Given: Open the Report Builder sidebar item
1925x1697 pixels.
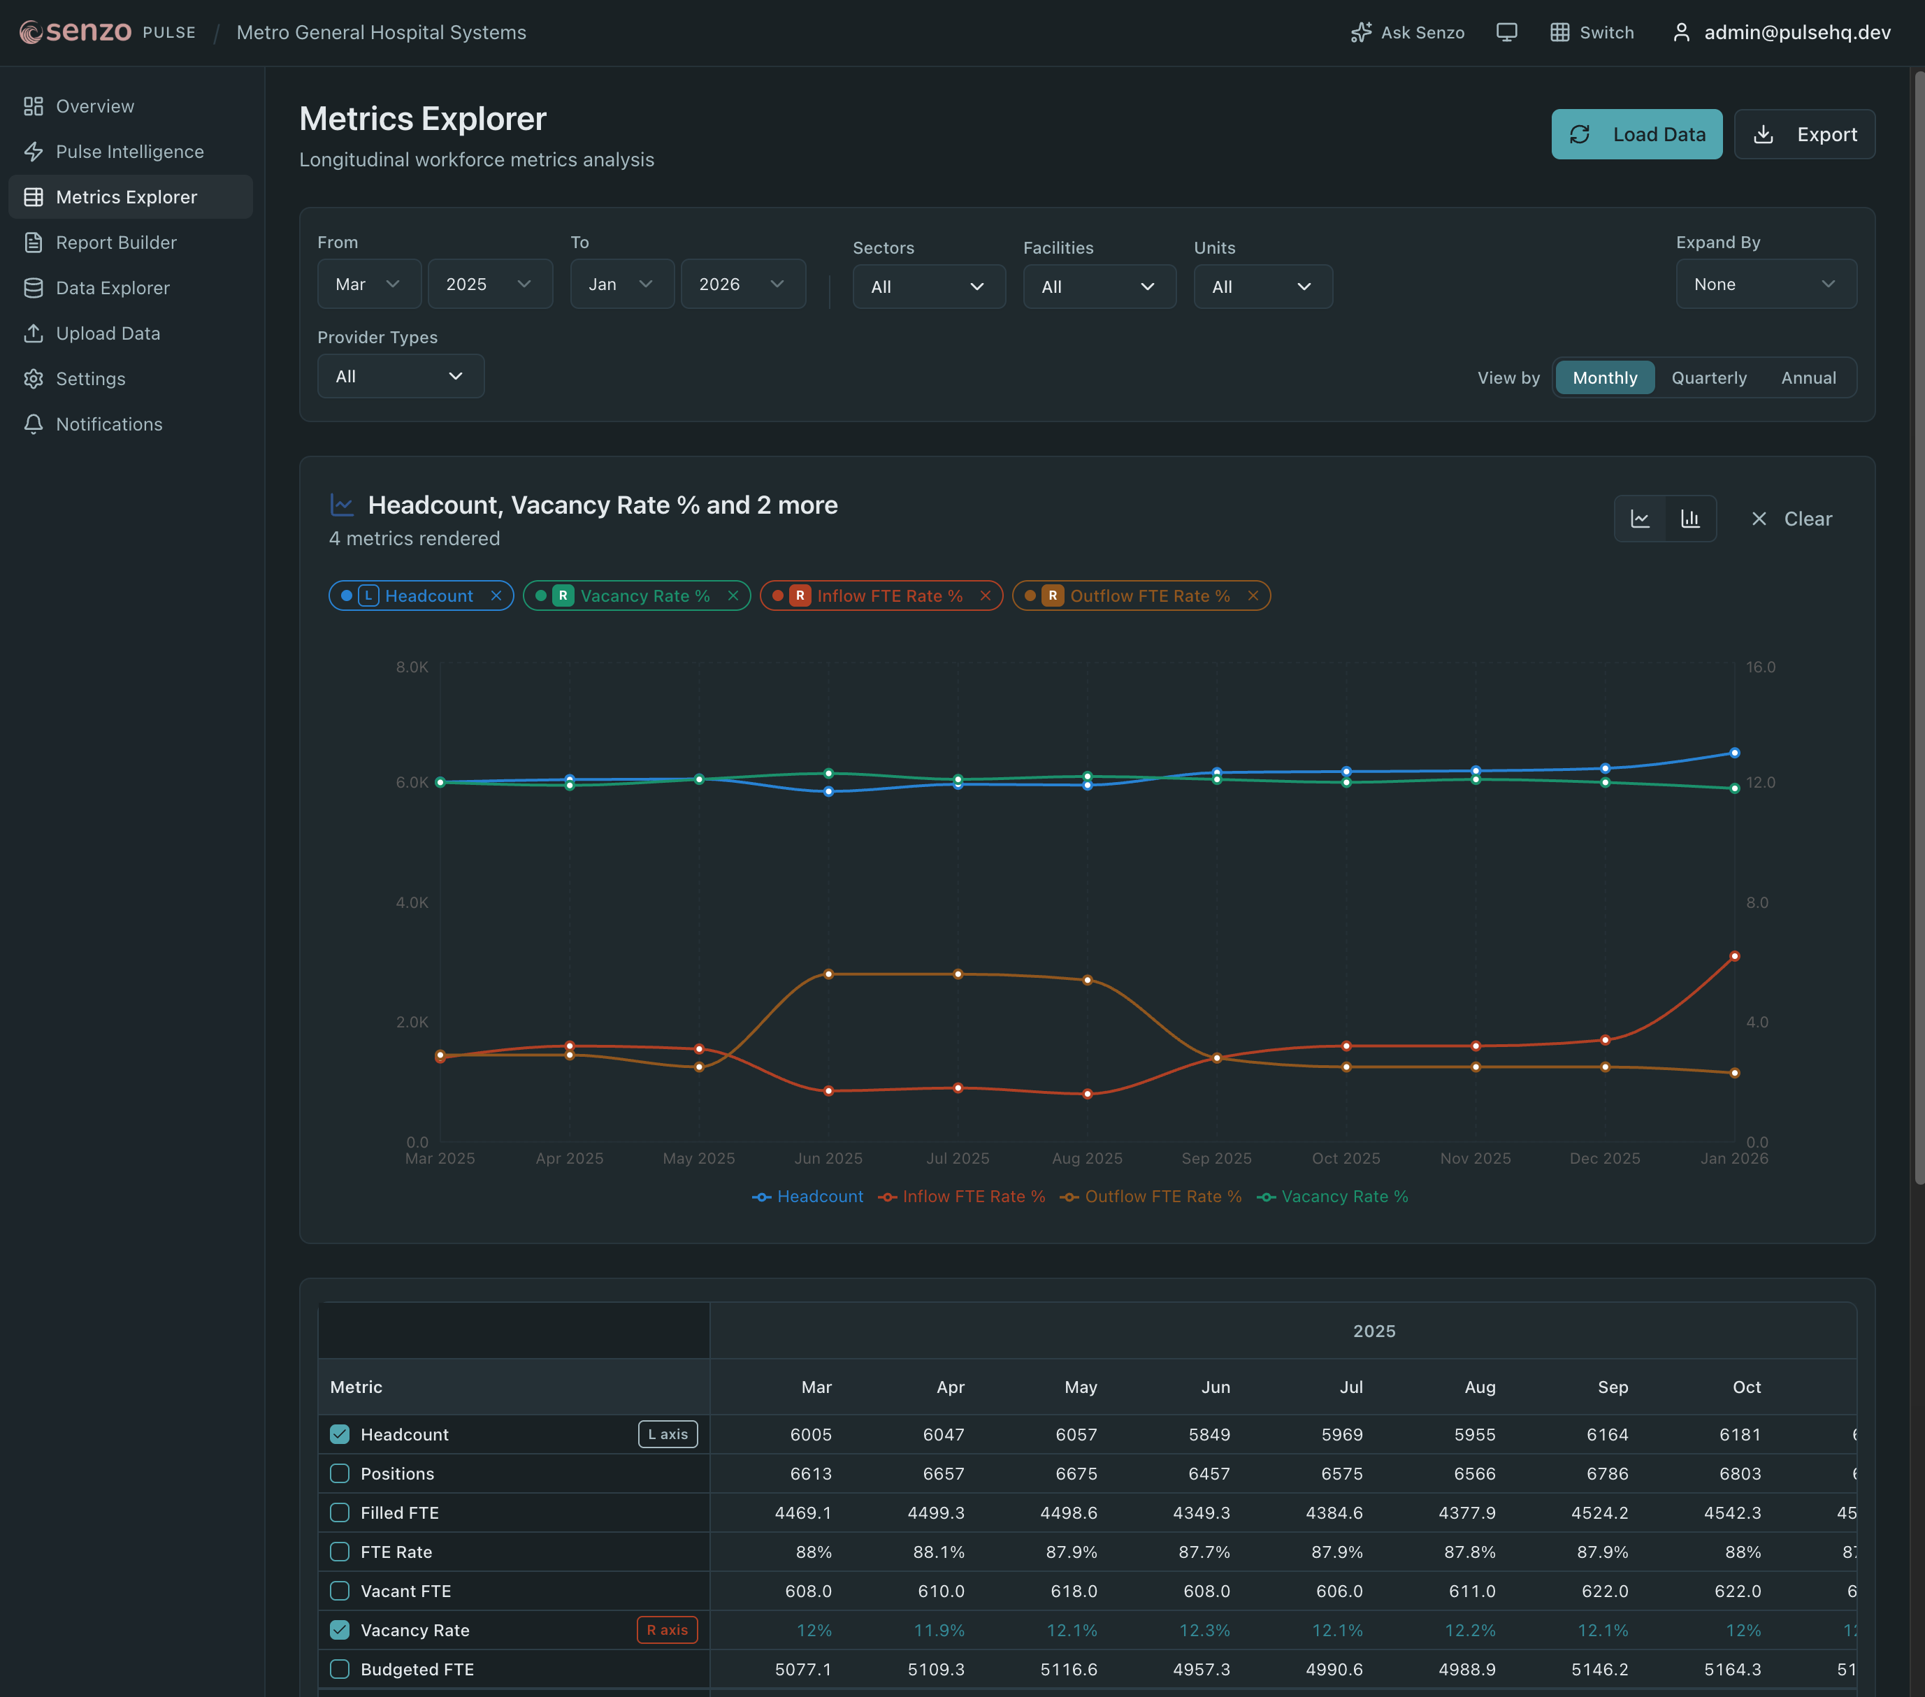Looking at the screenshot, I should (116, 243).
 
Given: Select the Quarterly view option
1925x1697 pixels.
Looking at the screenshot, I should (1708, 377).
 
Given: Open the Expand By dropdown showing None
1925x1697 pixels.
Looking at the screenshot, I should (1765, 284).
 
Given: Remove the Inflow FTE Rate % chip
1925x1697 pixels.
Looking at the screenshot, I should (985, 596).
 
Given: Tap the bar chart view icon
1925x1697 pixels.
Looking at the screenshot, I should (1691, 519).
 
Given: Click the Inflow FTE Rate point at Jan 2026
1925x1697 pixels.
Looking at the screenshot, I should (1733, 956).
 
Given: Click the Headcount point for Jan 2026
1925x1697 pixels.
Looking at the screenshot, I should (1733, 753).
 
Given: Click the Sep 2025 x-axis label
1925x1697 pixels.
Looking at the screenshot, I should (1216, 1158).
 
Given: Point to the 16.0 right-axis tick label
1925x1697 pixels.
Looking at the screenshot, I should (1759, 667).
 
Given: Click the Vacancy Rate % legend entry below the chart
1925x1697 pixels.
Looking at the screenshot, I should (1333, 1197).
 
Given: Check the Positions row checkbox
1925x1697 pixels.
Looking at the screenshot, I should (340, 1474).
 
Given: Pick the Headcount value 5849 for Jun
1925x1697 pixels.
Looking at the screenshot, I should (1209, 1434).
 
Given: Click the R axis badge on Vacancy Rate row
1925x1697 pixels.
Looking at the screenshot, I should (667, 1630).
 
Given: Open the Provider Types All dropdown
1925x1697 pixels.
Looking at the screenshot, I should (401, 377).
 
